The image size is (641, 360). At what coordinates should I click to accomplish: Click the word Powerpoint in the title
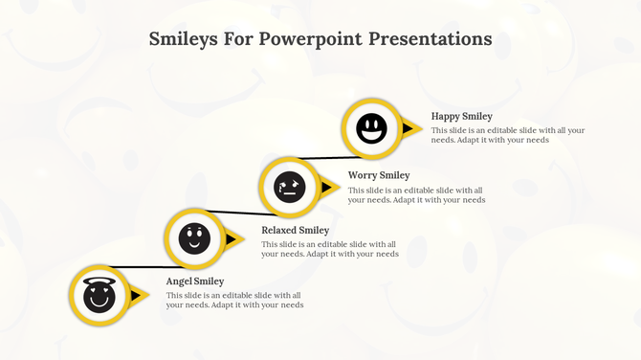point(309,39)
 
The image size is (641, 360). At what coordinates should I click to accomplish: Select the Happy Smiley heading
point(461,117)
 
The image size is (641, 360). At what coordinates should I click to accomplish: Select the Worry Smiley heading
point(379,175)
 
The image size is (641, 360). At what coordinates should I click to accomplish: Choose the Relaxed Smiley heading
point(295,231)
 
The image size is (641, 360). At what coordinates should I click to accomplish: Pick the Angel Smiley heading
point(195,281)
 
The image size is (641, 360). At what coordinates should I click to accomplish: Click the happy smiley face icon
point(371,128)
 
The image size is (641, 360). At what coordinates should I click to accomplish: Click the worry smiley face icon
point(288,187)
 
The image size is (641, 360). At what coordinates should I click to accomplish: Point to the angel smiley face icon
point(99,296)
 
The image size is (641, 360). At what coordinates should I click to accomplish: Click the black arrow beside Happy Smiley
point(409,128)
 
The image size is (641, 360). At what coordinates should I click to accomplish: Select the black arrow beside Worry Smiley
point(326,187)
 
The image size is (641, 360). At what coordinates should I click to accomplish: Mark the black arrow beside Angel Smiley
point(136,296)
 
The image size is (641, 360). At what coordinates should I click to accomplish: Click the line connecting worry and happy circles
point(325,157)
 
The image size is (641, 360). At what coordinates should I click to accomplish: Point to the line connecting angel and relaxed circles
point(134,267)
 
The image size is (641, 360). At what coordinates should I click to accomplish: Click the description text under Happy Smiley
point(507,135)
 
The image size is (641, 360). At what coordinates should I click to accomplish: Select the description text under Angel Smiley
point(234,301)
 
